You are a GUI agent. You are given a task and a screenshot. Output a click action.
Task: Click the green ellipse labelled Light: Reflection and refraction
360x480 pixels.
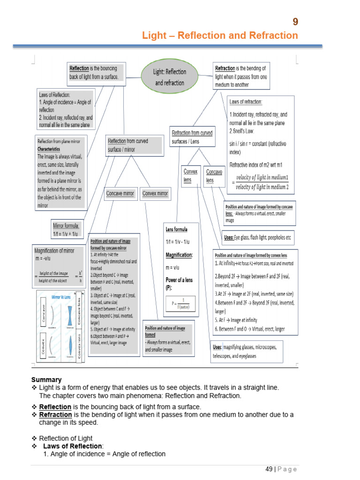(169, 77)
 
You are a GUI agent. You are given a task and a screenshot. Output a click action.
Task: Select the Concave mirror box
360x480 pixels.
(120, 193)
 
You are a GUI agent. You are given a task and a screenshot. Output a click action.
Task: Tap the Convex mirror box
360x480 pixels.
(155, 193)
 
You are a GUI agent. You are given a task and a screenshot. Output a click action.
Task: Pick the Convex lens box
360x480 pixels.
(190, 176)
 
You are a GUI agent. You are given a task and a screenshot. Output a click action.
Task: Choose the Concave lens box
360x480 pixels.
(214, 176)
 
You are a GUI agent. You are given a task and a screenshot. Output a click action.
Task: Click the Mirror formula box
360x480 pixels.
(68, 229)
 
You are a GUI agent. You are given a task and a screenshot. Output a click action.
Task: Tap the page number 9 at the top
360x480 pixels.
(295, 22)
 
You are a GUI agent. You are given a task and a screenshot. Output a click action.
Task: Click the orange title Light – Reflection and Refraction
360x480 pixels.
(220, 36)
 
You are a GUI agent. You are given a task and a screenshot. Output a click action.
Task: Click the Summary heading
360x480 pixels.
(46, 379)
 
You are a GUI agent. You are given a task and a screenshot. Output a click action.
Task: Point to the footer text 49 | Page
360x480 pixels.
(281, 469)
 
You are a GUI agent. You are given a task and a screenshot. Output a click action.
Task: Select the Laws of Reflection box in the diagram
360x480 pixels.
(66, 109)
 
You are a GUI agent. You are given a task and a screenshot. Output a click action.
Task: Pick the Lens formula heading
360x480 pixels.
(176, 229)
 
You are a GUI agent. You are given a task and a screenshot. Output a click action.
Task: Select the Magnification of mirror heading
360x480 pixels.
(54, 250)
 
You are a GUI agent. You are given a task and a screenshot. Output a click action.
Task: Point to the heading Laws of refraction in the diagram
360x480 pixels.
(246, 102)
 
